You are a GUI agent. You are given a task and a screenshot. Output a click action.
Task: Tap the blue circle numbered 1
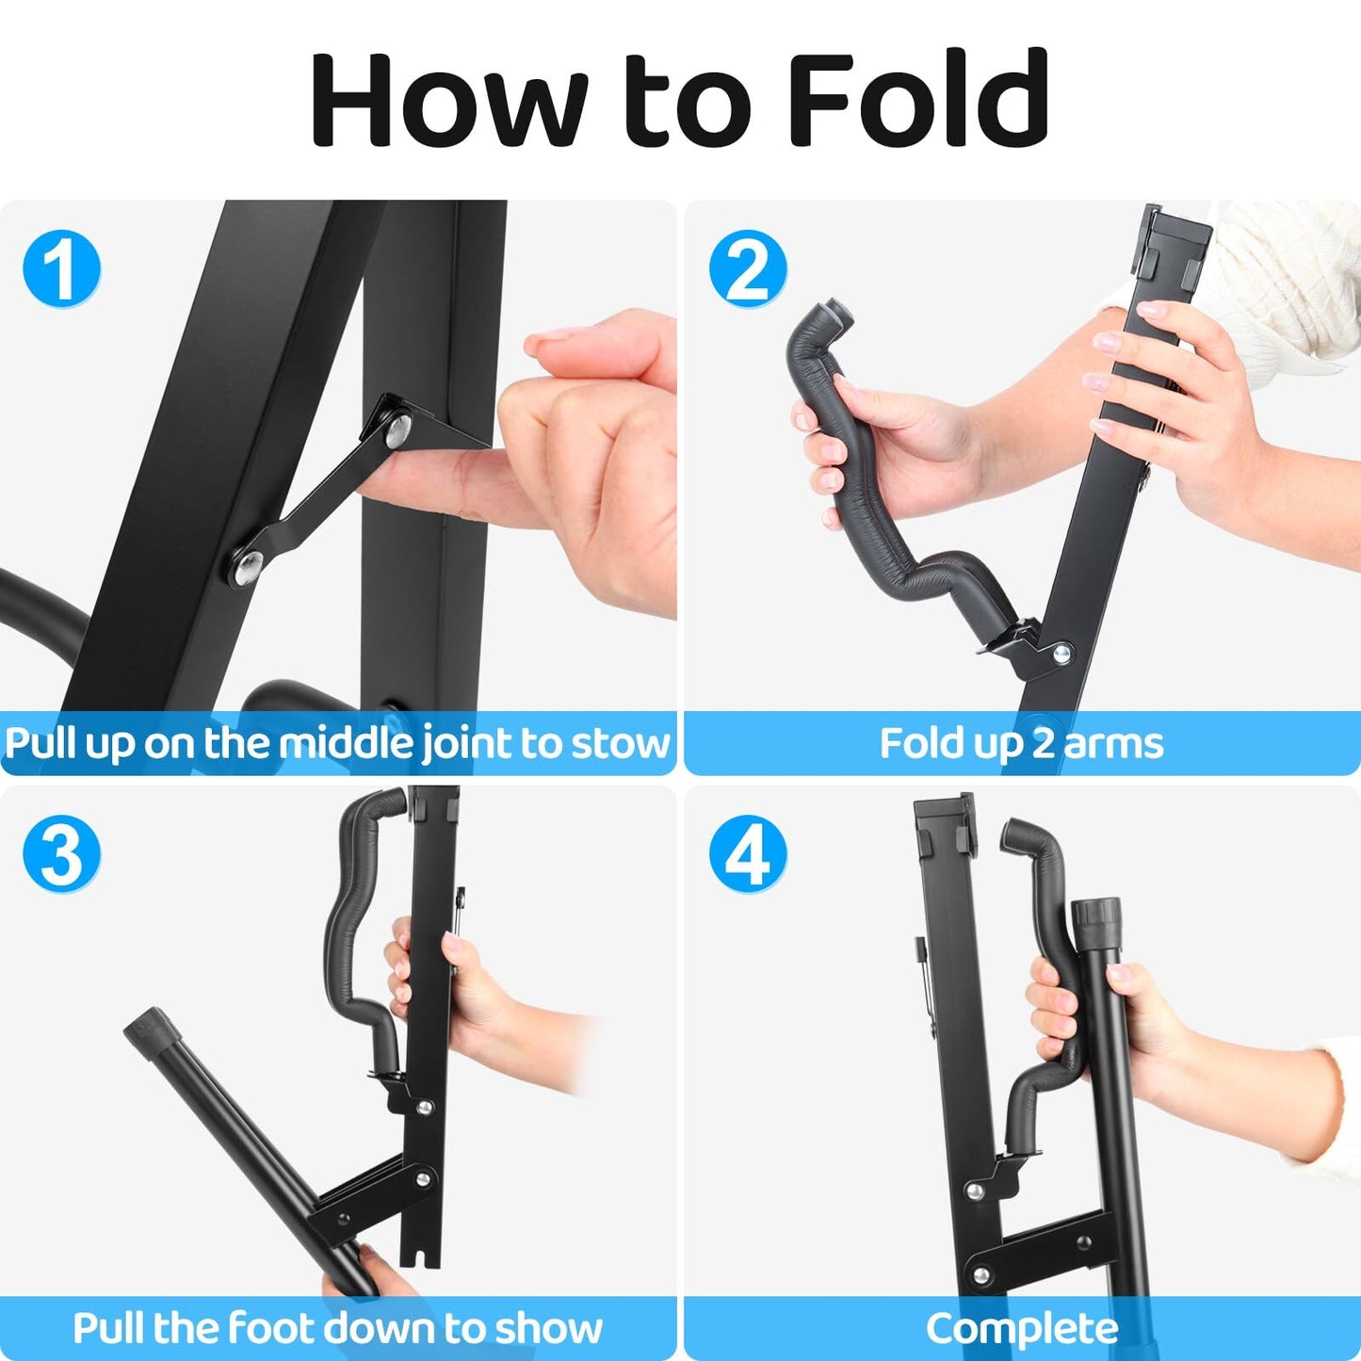pyautogui.click(x=61, y=269)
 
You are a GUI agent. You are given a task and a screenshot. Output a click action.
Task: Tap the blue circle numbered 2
pyautogui.click(x=748, y=269)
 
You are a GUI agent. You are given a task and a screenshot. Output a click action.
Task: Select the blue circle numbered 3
pyautogui.click(x=61, y=854)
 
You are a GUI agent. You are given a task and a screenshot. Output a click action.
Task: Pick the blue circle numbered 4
pyautogui.click(x=748, y=854)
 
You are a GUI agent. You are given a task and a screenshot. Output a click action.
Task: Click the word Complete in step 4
pyautogui.click(x=1022, y=1328)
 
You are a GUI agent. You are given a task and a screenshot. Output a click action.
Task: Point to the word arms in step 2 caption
pyautogui.click(x=1113, y=743)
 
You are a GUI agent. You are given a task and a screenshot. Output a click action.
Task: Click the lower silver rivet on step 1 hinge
pyautogui.click(x=247, y=565)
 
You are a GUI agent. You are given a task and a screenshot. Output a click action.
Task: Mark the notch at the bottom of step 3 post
pyautogui.click(x=420, y=1257)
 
